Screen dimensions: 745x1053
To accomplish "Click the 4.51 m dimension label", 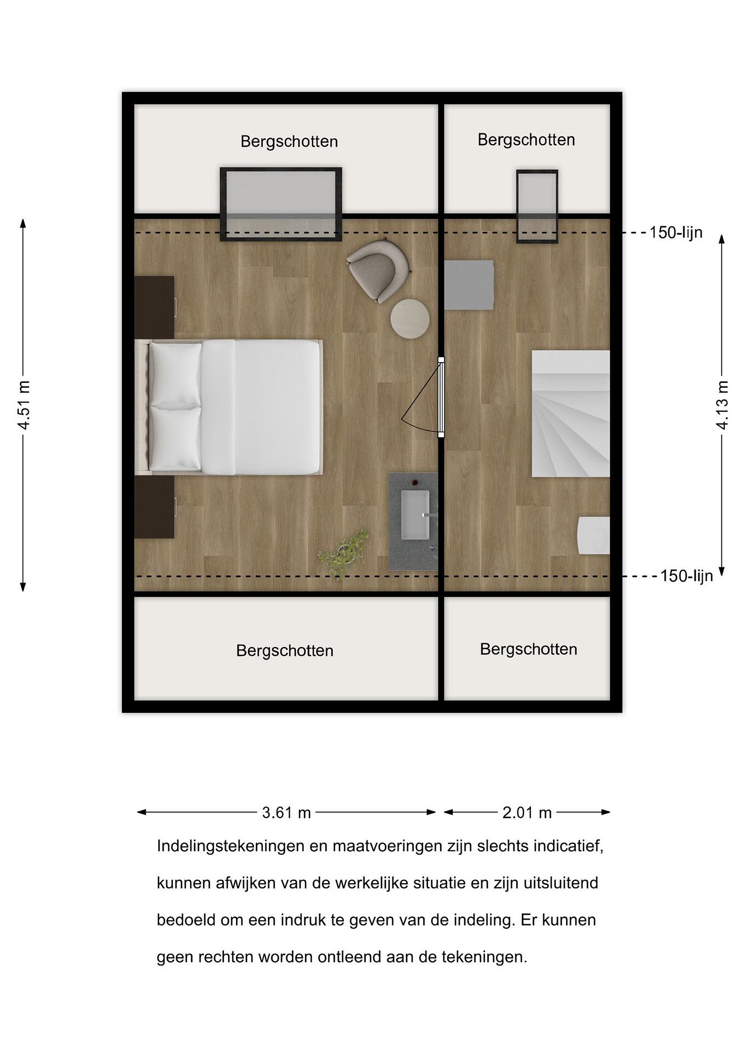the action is [x=24, y=404].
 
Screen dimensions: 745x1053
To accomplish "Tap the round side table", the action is [x=410, y=319].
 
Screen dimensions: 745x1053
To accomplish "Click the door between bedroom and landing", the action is [x=441, y=397].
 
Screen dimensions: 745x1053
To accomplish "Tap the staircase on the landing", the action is [x=571, y=414].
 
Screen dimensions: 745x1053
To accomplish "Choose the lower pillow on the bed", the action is [x=175, y=438].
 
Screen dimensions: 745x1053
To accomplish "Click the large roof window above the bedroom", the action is [x=281, y=204].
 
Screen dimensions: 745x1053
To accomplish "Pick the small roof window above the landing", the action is [x=537, y=206].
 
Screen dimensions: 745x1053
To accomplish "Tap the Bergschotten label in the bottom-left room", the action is [x=285, y=651].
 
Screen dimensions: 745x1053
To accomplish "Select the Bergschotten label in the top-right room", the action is [x=526, y=140].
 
